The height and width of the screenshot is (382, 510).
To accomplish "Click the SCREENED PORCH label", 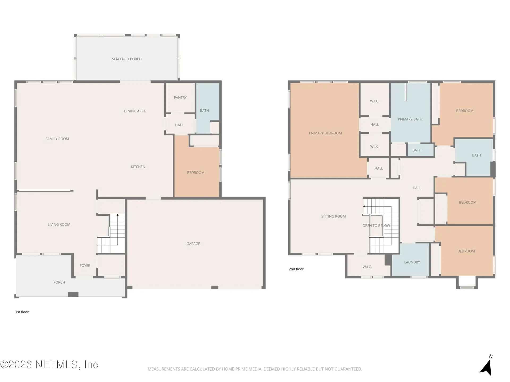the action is point(127,59).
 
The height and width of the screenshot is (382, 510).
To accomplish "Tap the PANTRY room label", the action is point(180,98).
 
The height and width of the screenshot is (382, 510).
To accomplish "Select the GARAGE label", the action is point(193,244).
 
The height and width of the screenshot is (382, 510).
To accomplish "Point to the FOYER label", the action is point(85,266).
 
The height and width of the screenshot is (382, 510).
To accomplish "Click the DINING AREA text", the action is point(135,111).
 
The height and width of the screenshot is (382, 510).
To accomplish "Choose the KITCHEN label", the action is point(138,167).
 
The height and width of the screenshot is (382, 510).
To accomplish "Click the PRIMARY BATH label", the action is point(410,119).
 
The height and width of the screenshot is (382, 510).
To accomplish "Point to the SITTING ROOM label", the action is point(333,216).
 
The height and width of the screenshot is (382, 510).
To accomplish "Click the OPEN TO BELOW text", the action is point(376,226).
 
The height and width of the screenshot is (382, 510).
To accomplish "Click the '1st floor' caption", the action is point(22,312).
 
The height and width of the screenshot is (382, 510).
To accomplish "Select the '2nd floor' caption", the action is point(296,269).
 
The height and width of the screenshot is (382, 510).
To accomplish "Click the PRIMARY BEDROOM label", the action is point(325,133).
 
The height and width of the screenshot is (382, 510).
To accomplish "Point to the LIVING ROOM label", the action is point(59,225).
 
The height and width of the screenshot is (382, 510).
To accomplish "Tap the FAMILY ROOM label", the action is point(57,139).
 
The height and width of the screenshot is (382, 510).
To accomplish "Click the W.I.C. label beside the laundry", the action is point(367,267).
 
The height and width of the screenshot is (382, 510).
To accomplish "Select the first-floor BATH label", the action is point(204,111).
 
